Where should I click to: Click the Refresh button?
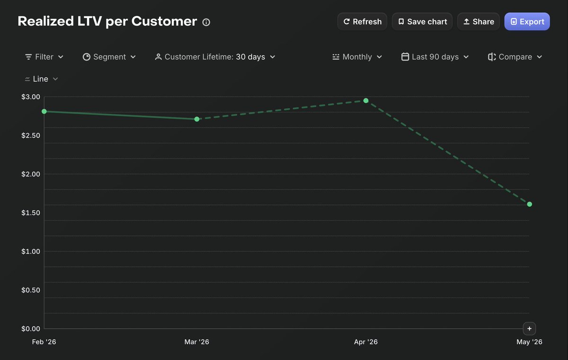(x=362, y=22)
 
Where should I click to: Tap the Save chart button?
(x=422, y=22)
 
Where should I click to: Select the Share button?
(x=479, y=22)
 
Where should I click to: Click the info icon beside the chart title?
(x=206, y=22)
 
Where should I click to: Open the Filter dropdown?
(x=44, y=57)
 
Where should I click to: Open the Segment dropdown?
(x=109, y=57)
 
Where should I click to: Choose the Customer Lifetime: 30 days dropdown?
(x=215, y=57)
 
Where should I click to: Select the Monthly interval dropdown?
(x=357, y=57)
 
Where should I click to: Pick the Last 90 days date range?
(x=435, y=57)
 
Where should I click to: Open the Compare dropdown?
(x=515, y=57)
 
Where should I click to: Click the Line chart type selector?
(x=41, y=79)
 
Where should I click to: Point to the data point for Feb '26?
(x=44, y=112)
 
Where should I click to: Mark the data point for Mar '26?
(x=197, y=119)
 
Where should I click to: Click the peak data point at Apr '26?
(x=366, y=101)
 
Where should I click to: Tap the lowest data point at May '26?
(x=530, y=204)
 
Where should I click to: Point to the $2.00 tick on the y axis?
(x=31, y=174)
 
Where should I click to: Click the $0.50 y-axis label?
(x=31, y=290)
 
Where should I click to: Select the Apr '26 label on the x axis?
(x=365, y=342)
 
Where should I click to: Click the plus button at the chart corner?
(x=530, y=329)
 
